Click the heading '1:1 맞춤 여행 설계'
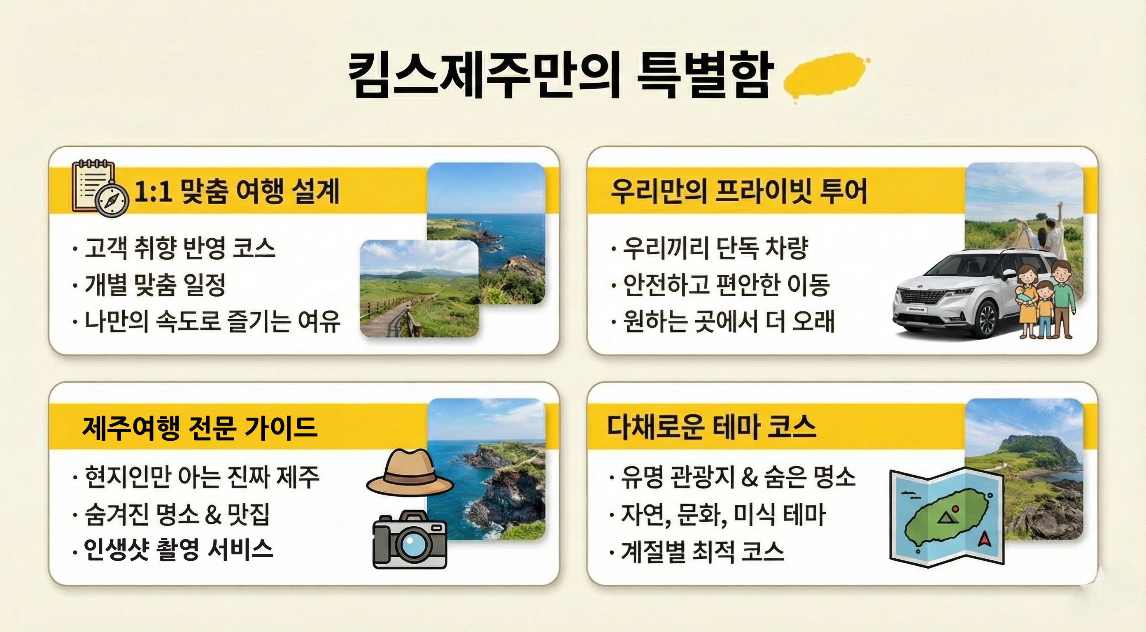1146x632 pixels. pyautogui.click(x=237, y=191)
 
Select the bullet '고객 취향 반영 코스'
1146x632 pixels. pyautogui.click(x=180, y=248)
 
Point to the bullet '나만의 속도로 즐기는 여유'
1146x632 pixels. pyautogui.click(x=212, y=321)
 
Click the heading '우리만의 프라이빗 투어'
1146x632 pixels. pyautogui.click(x=739, y=191)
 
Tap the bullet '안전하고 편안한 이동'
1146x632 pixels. pyautogui.click(x=726, y=284)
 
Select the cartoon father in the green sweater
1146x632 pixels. pyautogui.click(x=1063, y=298)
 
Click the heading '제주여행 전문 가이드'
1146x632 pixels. pyautogui.click(x=200, y=428)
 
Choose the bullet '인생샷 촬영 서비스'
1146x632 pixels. pyautogui.click(x=178, y=550)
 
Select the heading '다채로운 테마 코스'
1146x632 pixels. pyautogui.click(x=711, y=427)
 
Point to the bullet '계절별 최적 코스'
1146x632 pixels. pyautogui.click(x=702, y=551)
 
